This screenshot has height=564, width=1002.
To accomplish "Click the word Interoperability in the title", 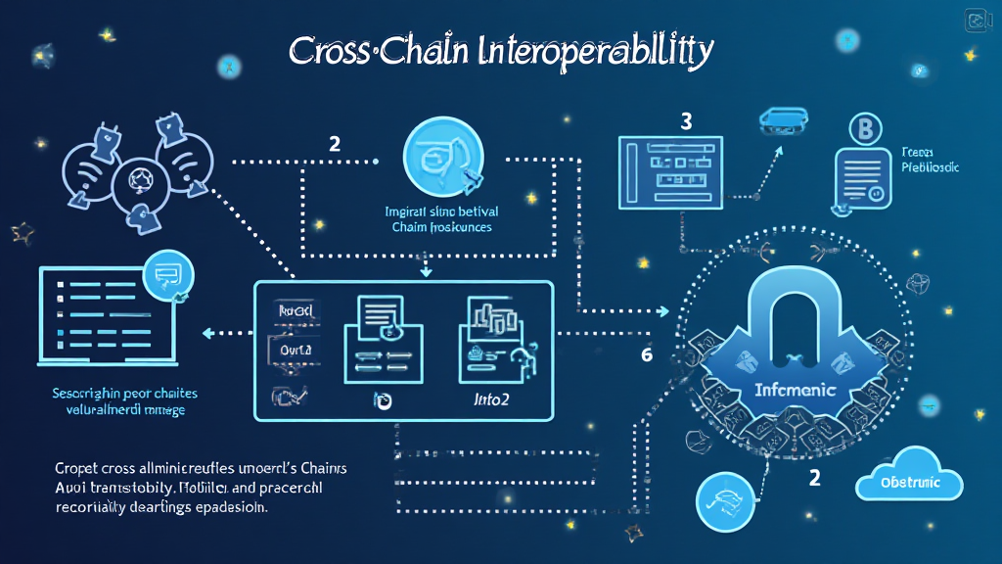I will [592, 52].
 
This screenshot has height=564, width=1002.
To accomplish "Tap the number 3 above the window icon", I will [686, 122].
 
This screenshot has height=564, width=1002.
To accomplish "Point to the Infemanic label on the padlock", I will [795, 390].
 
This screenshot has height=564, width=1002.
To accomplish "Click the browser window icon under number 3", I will [671, 171].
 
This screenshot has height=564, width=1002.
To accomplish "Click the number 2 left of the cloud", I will [814, 478].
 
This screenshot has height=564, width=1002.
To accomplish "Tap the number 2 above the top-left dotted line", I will [335, 144].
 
